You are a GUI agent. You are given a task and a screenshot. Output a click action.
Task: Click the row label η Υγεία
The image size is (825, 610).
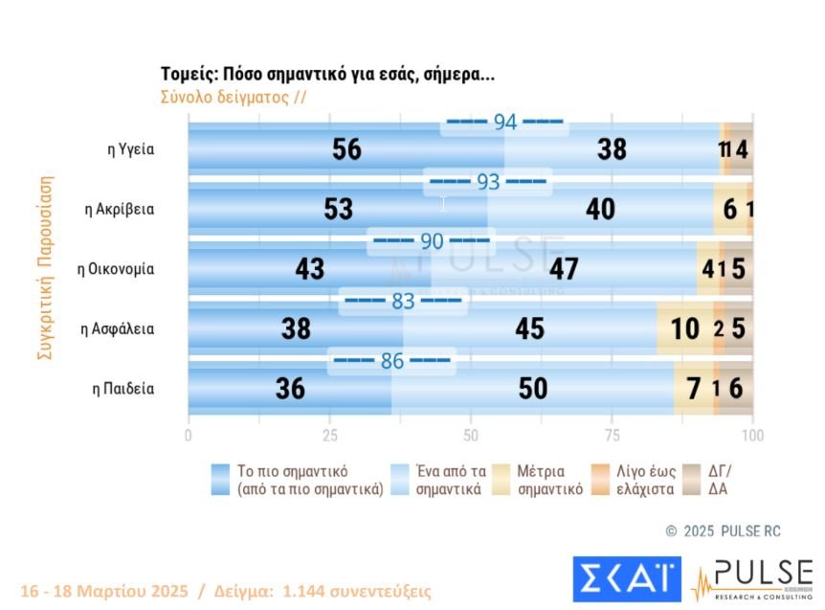click(130, 149)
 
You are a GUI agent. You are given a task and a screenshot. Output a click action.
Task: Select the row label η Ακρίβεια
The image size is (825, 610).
click(120, 209)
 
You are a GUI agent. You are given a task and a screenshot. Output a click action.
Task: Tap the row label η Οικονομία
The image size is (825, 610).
click(116, 269)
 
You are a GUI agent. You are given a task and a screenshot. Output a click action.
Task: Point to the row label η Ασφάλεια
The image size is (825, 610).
click(118, 328)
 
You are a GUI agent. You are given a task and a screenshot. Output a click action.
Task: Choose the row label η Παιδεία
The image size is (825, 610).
click(123, 389)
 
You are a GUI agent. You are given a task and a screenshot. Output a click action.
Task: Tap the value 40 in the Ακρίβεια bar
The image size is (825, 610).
click(600, 209)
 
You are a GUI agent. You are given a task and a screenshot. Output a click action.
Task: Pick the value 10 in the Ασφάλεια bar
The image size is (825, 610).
click(684, 328)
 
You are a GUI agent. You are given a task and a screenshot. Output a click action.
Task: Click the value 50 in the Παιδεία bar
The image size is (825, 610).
click(533, 389)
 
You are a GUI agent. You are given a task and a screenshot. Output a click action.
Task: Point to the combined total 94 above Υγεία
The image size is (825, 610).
click(504, 123)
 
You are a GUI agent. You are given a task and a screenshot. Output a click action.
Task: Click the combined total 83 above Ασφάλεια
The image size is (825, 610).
click(403, 302)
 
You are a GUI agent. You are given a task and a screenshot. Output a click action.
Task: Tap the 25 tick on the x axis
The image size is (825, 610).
click(329, 435)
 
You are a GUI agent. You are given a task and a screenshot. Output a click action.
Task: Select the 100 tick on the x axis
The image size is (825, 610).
click(752, 435)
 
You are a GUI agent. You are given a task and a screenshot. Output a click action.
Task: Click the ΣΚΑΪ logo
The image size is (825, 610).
click(626, 579)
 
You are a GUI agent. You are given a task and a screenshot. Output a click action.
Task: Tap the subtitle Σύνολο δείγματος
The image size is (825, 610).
click(233, 97)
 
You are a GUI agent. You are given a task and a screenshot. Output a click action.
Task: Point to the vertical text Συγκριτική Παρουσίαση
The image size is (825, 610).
click(45, 267)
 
